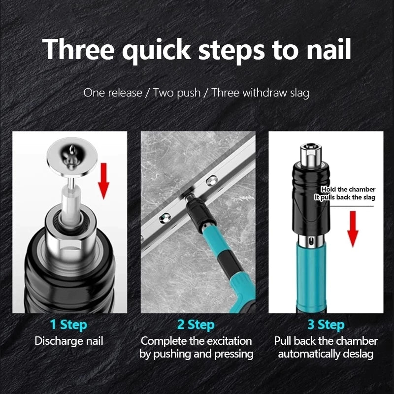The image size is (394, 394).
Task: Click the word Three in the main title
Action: (x=78, y=49)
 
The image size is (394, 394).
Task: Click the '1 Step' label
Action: (x=68, y=325)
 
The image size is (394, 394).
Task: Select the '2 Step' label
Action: (x=196, y=325)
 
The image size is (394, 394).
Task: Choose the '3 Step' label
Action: (x=325, y=325)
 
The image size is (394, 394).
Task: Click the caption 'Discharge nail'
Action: (x=69, y=341)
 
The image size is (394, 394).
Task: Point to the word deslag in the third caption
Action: (x=357, y=354)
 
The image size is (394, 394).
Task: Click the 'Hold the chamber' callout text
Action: (x=348, y=189)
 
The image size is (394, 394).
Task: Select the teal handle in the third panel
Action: (x=311, y=276)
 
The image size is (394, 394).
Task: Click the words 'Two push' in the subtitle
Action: (x=177, y=92)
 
